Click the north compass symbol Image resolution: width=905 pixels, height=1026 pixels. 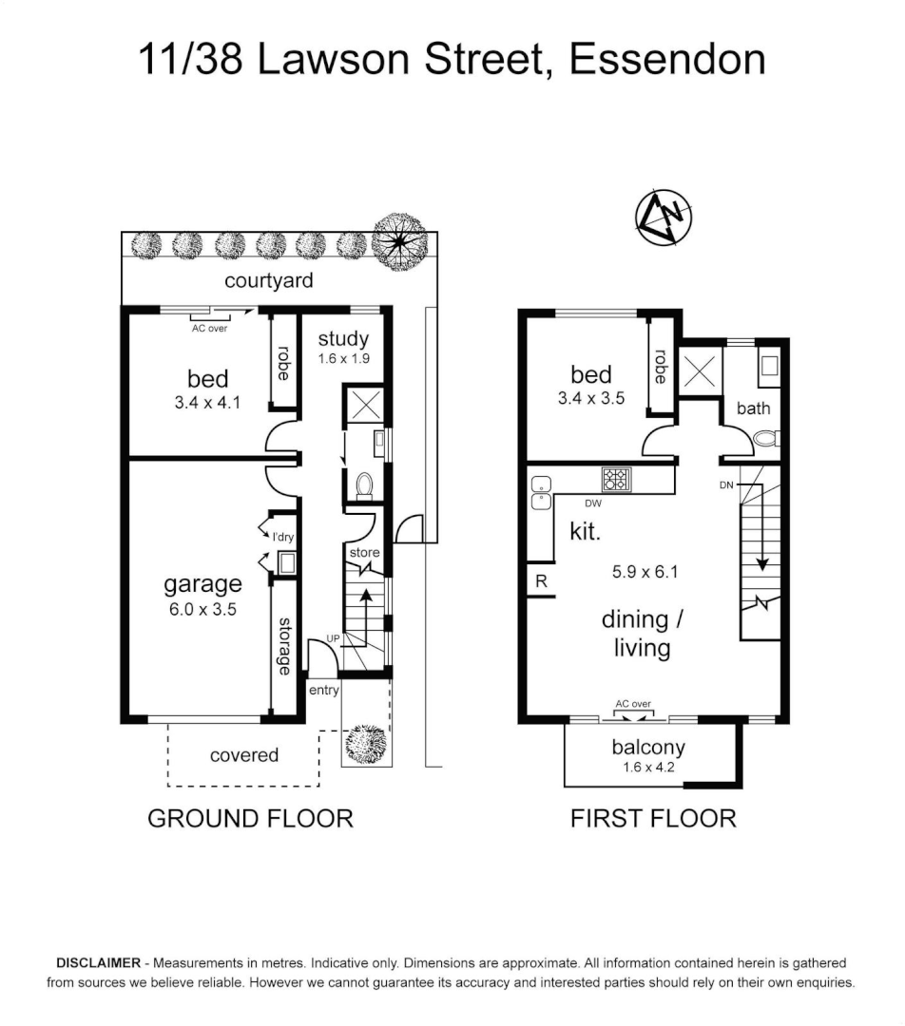pos(664,218)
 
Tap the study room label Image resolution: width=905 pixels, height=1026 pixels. pos(343,338)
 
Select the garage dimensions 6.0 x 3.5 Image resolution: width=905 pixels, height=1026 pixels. pos(202,609)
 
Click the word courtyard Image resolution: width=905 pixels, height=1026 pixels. pos(268,280)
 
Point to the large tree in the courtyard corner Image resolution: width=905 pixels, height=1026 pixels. pos(399,241)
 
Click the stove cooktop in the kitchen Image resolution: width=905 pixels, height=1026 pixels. pos(616,480)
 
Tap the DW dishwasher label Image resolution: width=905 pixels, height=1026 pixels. pos(592,503)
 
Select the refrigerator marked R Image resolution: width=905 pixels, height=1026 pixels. pos(542,581)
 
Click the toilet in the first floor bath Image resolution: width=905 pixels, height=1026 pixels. pos(766,438)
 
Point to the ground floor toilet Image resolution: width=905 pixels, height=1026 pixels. pos(364,486)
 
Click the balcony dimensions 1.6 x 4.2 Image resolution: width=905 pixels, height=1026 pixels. pos(648,767)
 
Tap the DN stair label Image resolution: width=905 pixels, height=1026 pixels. pos(725,484)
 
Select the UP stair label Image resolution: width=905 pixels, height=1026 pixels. pos(333,638)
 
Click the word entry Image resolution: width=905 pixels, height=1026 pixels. pos(323,691)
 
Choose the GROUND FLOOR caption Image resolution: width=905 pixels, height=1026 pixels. pos(250,819)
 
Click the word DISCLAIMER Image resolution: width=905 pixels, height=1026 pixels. pos(98,963)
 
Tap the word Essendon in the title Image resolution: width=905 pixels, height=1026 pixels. pos(667,59)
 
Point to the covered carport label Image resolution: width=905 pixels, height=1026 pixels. pos(244,755)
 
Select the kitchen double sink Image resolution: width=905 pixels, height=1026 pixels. pos(540,492)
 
